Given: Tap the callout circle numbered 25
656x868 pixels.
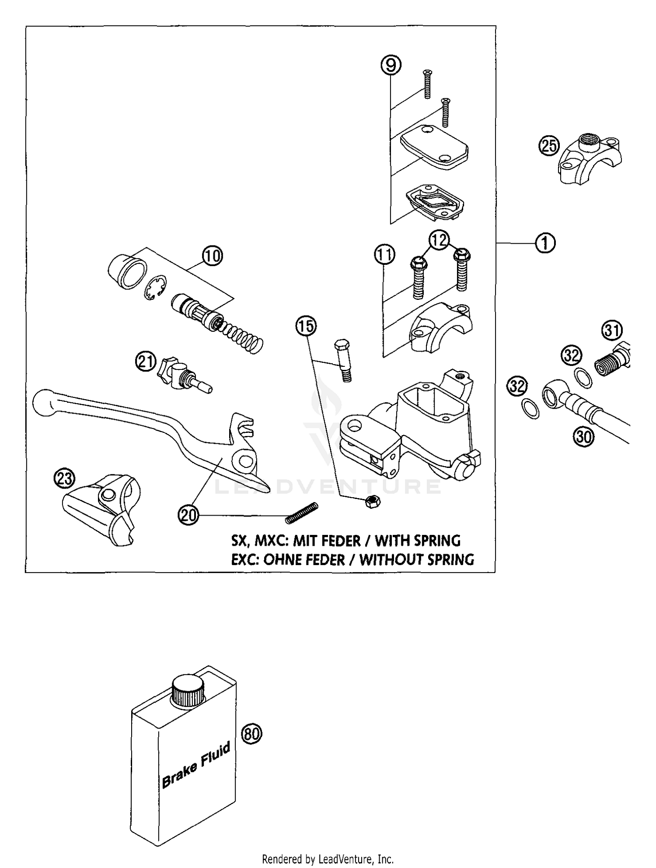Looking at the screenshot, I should click(549, 146).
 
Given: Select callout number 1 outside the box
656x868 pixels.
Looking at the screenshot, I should click(545, 243).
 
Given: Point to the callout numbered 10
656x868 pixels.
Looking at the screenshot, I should click(212, 256).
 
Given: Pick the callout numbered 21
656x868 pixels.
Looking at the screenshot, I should click(145, 362).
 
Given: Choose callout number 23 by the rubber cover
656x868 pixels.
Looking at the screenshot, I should click(65, 478).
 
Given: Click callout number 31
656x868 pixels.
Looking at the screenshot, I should click(612, 330).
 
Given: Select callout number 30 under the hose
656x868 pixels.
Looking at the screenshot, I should click(584, 436).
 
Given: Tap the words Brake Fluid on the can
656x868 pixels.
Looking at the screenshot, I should click(196, 765).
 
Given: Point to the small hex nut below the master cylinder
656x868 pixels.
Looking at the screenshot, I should click(373, 502).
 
